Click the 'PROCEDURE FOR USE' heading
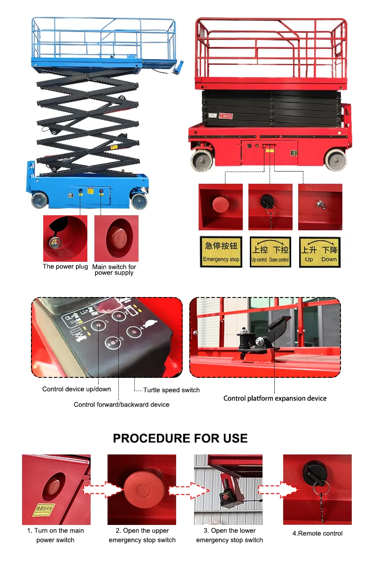point(180,438)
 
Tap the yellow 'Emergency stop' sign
point(221,252)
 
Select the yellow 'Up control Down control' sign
point(270,252)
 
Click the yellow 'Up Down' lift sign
point(320,252)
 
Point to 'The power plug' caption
point(65,266)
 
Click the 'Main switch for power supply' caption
point(114,270)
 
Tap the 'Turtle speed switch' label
point(171,390)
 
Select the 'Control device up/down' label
point(77,389)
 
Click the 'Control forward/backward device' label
point(121,405)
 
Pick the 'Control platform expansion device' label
point(275,399)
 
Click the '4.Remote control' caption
point(317,533)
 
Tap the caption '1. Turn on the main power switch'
point(55,535)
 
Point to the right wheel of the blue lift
point(139,201)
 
